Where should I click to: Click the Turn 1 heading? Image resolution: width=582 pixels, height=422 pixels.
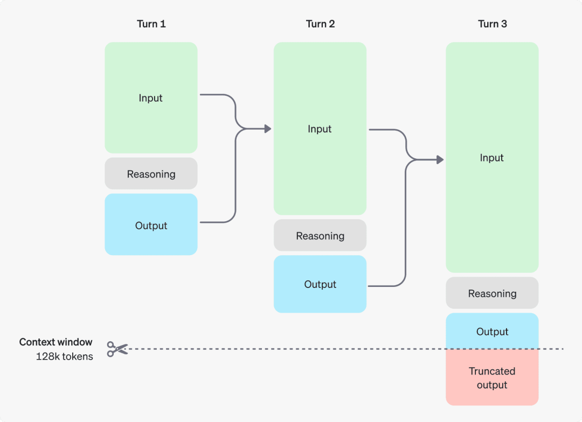(x=151, y=24)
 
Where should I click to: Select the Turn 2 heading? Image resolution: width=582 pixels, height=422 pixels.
(x=320, y=24)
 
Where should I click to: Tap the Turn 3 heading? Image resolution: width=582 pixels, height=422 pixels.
(x=492, y=24)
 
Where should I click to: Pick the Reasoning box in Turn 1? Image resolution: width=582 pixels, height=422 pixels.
(x=151, y=174)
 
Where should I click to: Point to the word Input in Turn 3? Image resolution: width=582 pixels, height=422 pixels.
(x=491, y=158)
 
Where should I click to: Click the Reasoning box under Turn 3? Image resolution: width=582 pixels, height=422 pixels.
(x=492, y=293)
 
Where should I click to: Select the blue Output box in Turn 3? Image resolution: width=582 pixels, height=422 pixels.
(x=492, y=331)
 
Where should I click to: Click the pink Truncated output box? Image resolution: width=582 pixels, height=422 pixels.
(x=492, y=378)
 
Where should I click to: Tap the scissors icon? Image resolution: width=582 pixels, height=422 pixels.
(x=117, y=349)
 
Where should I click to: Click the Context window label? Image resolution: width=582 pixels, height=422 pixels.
(x=56, y=342)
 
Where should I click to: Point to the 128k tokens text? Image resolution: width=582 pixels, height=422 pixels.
(x=64, y=356)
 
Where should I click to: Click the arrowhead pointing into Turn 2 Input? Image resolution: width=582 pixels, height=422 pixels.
(x=267, y=129)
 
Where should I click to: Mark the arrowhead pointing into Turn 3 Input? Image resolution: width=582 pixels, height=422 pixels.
(x=440, y=160)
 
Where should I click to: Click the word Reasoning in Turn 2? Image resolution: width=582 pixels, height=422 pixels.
(x=320, y=236)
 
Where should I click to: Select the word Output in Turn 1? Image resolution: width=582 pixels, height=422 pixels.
(x=151, y=226)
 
